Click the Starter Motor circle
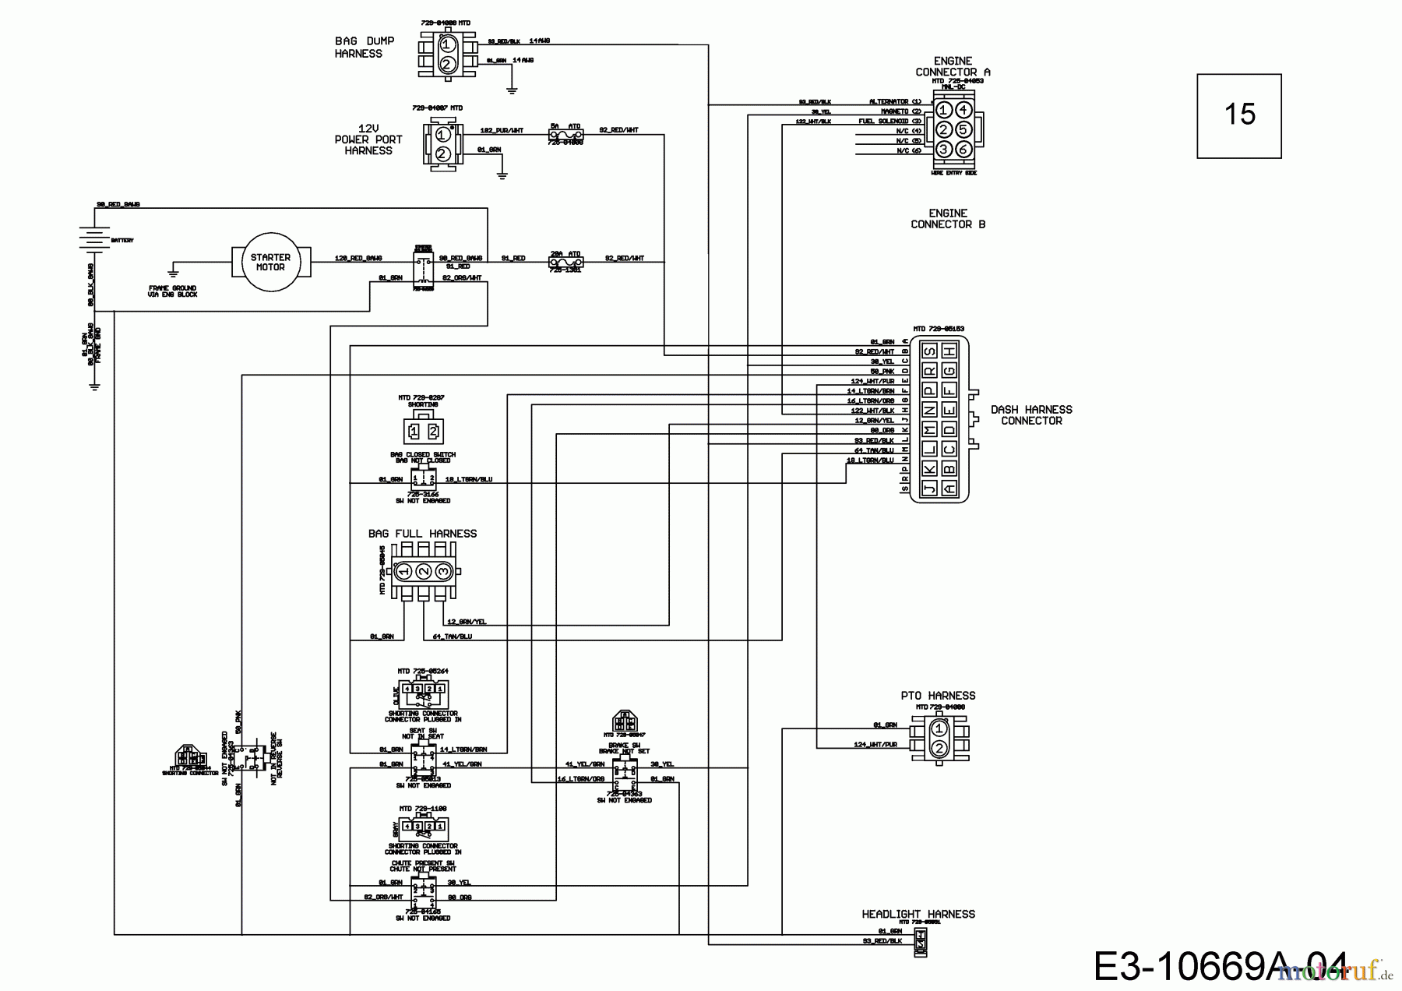pos(270,262)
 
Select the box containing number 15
pos(1238,115)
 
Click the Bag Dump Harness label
pos(364,48)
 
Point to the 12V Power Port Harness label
pos(368,139)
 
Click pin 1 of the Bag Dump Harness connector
pos(446,45)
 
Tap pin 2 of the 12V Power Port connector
pos(442,153)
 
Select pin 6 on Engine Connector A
pos(963,149)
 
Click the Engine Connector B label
pos(948,218)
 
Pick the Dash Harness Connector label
pos(1031,414)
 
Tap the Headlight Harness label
pos(918,914)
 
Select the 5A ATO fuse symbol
pos(565,135)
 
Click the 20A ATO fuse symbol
pos(565,263)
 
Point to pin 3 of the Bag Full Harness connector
pos(443,572)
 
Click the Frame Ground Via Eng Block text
pos(173,291)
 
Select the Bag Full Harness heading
pos(422,534)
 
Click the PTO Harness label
pos(938,696)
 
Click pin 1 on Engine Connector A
pos(943,110)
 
